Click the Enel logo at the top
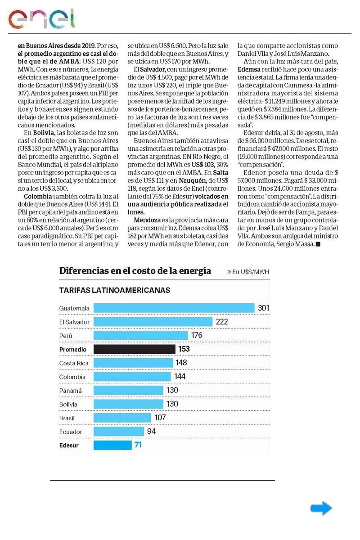41,18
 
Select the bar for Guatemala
174,308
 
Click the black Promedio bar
134,349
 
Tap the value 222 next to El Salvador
222,322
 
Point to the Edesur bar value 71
138,445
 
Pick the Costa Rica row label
74,363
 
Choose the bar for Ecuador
119,432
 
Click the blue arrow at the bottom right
321,508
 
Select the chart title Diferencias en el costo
135,271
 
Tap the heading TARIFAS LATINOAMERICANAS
114,290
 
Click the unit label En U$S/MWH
248,272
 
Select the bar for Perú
140,336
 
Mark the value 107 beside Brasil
160,418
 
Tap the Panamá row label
71,391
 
